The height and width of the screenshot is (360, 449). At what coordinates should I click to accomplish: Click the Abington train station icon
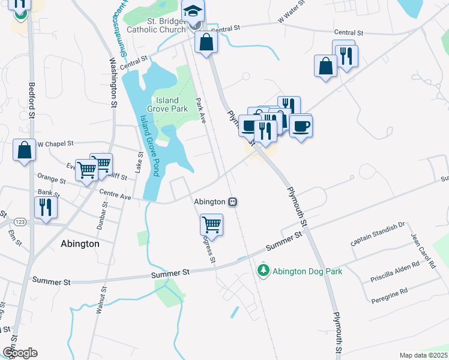click(232, 202)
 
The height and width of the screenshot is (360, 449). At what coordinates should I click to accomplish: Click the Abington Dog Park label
click(307, 271)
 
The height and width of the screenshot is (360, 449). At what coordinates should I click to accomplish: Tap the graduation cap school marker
click(193, 12)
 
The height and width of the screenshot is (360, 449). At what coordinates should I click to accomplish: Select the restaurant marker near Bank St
click(46, 207)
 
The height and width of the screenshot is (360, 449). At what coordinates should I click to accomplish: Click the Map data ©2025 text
click(423, 355)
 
